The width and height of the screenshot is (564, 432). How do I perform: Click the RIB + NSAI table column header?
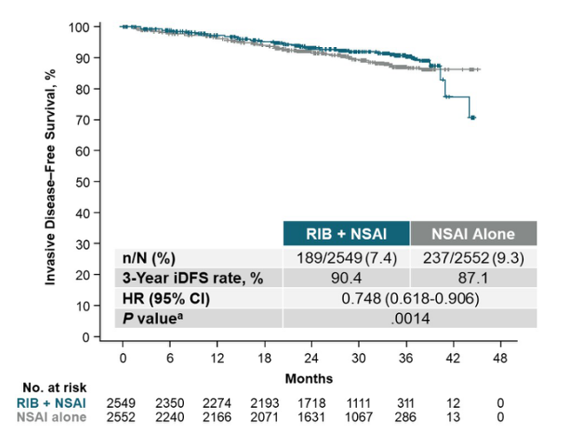point(346,233)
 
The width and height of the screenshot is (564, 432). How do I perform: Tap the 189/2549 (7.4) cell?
point(346,257)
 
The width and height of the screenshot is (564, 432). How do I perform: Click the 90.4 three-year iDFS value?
point(346,277)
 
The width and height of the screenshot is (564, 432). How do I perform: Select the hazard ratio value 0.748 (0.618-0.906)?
point(409,298)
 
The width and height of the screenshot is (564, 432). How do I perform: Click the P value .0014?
point(409,318)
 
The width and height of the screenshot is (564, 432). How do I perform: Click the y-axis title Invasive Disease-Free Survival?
point(52,178)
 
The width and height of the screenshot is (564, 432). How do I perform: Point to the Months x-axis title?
point(309,378)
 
